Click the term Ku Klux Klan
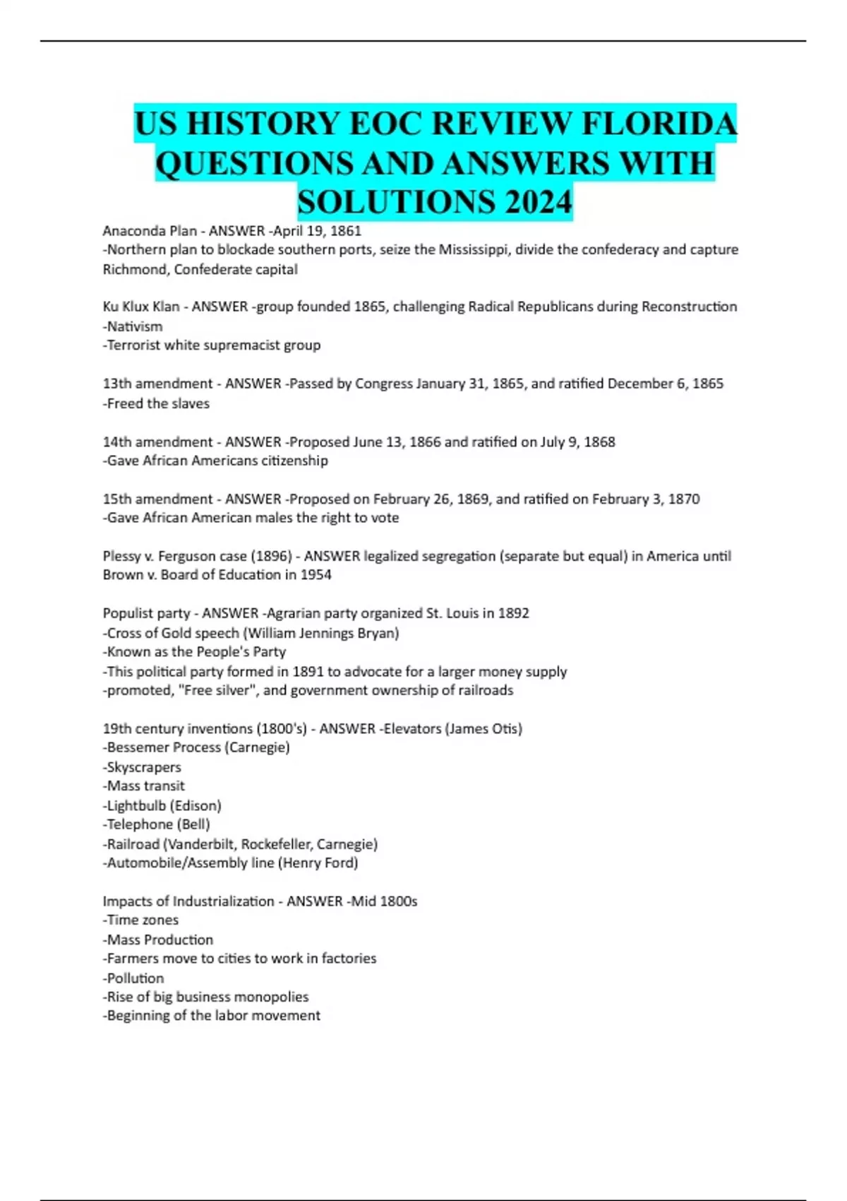pos(141,307)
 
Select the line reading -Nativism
pos(133,326)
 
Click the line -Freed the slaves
pos(156,403)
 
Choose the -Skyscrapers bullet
pos(142,767)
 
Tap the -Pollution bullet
pos(133,978)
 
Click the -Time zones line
pos(140,921)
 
